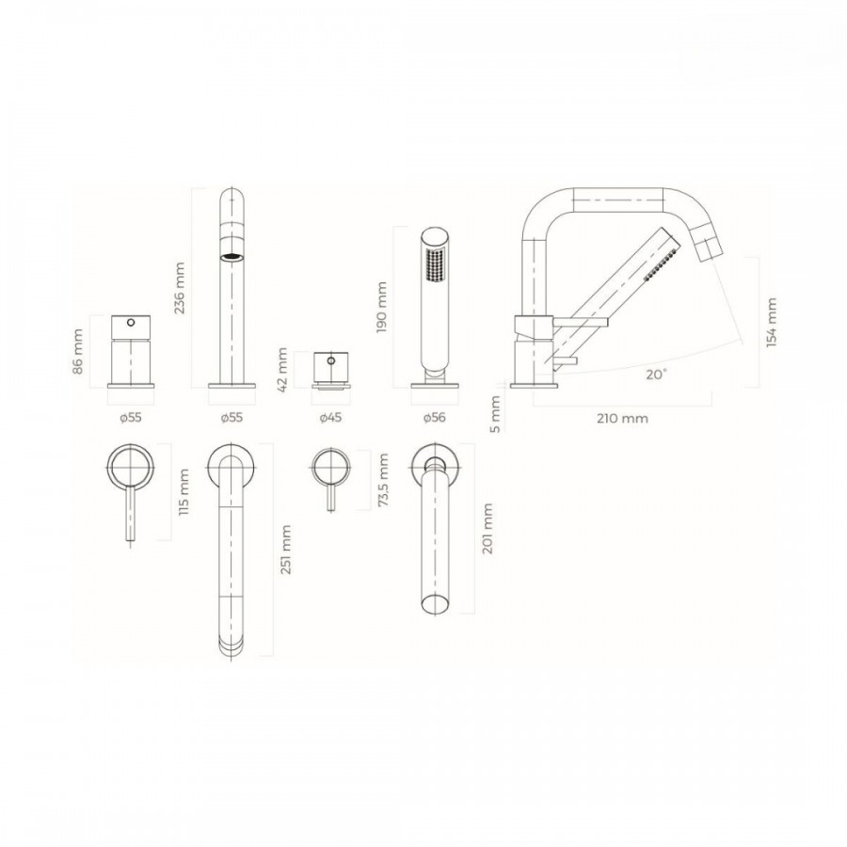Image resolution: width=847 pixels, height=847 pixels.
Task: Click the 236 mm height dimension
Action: point(180,288)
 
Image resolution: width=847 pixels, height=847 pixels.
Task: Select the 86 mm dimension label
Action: point(78,352)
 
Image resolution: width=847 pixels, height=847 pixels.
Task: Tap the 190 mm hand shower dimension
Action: point(382,307)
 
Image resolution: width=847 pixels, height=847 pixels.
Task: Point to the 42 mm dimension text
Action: point(283,370)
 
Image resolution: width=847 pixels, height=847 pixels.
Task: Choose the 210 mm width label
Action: point(623,418)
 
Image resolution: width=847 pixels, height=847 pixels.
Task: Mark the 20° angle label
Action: point(656,375)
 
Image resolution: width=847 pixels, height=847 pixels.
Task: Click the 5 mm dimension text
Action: point(495,414)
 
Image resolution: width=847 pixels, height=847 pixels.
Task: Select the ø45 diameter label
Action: point(330,418)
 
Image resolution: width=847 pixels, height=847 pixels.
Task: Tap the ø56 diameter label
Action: point(434,418)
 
